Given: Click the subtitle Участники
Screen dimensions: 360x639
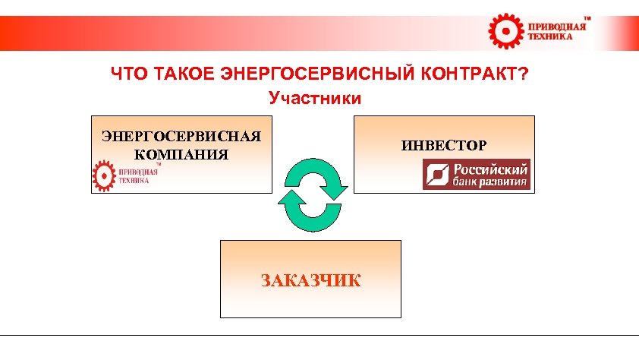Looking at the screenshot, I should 314,98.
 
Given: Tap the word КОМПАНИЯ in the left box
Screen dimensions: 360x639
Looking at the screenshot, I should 181,154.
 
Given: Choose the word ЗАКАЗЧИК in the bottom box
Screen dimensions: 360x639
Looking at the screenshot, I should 310,280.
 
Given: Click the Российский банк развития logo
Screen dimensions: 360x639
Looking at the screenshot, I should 476,175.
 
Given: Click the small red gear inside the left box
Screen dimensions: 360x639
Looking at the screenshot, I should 102,175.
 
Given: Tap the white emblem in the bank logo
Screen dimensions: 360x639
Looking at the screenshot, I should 438,175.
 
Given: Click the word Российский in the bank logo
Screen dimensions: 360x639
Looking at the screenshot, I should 489,169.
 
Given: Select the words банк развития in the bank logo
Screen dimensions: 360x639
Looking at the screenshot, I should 489,182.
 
